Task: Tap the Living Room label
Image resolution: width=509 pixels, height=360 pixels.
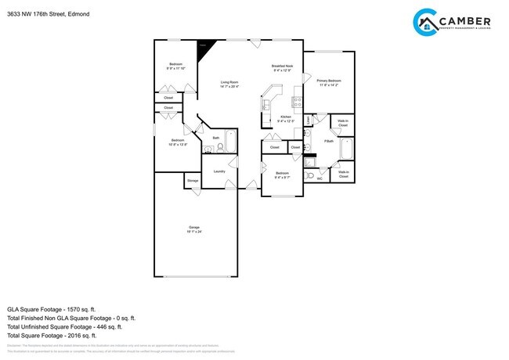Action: click(229, 82)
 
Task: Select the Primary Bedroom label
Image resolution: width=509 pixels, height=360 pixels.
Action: click(329, 81)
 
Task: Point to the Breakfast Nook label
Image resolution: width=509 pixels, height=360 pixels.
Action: click(283, 67)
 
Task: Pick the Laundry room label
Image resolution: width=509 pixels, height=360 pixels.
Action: click(219, 171)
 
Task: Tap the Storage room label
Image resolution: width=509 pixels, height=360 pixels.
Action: click(193, 181)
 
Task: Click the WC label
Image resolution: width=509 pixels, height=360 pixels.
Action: click(319, 179)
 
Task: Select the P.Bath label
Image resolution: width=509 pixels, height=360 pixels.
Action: click(329, 142)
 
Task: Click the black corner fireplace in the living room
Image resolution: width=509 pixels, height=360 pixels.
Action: click(205, 46)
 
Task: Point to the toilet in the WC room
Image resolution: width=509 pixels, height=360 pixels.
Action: click(310, 175)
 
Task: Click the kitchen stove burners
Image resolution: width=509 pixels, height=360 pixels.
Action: click(297, 101)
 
